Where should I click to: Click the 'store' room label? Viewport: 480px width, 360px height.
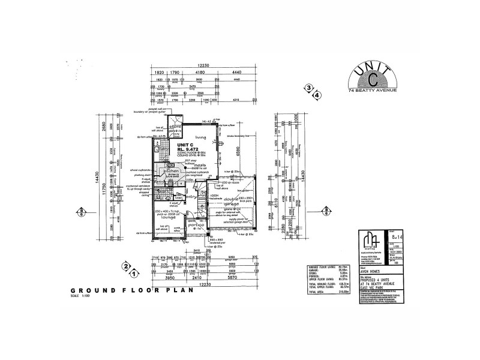coord(175,127)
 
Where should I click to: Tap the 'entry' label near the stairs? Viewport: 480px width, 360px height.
coord(192,196)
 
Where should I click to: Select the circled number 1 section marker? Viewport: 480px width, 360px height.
coord(135,273)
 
